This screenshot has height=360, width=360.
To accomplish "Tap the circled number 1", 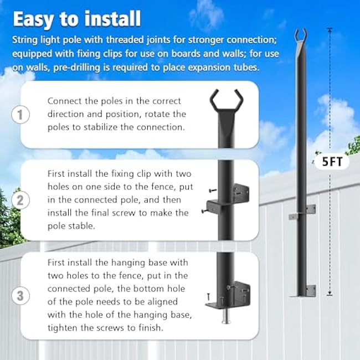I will pos(20,115).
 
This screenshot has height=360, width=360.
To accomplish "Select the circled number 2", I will pos(20,199).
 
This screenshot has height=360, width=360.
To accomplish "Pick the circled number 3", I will pos(20,295).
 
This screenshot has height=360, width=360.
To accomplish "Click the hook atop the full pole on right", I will pos(301,34).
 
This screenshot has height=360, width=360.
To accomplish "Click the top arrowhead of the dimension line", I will pos(331,31).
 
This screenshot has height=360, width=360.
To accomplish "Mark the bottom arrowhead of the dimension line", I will pos(331,294).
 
